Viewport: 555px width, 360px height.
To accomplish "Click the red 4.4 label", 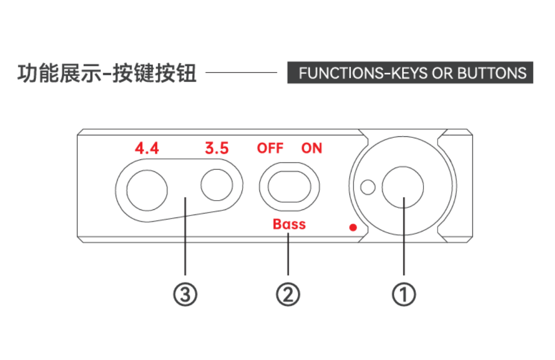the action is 147,148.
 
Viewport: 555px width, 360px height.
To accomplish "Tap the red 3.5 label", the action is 217,148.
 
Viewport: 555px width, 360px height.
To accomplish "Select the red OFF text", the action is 270,148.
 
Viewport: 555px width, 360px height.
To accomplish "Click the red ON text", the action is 312,148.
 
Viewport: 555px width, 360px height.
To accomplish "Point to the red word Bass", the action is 289,224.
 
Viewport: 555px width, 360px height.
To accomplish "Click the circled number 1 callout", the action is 404,295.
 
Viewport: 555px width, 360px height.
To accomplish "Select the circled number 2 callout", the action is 288,295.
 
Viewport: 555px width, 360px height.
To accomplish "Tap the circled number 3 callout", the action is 185,295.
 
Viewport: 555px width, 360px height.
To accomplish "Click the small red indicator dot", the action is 353,227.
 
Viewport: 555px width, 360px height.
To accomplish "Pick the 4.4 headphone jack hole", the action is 147,190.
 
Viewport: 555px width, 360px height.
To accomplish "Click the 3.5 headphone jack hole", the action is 217,185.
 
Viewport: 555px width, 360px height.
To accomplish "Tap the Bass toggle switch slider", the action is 289,187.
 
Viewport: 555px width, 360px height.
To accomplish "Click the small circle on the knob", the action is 368,187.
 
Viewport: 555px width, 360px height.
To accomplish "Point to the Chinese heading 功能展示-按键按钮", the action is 107,74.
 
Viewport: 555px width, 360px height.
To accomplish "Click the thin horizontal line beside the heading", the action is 242,73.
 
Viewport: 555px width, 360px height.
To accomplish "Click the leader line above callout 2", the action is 288,254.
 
